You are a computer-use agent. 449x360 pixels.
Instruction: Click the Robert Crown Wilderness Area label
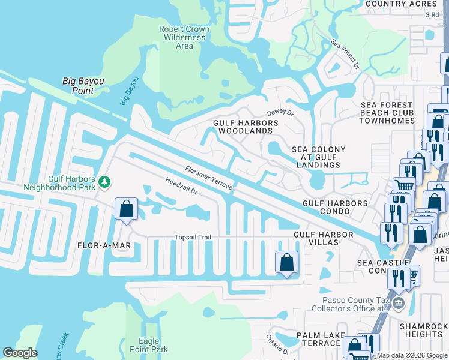tap(184, 37)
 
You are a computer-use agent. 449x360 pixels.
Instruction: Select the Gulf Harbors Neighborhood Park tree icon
tap(105, 181)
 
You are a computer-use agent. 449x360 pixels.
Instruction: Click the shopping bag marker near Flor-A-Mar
tap(127, 209)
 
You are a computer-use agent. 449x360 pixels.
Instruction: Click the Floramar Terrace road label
tap(208, 178)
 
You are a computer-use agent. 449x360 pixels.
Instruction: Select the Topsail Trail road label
tap(193, 238)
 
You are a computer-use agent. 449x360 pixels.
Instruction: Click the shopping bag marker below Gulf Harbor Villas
tap(286, 262)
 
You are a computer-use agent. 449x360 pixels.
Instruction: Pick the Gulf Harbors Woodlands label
tap(246, 127)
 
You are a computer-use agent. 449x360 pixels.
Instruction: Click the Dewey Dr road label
tap(280, 112)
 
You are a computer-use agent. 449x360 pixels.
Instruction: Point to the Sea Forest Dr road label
tap(345, 54)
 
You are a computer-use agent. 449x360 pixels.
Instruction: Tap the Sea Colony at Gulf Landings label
tap(318, 157)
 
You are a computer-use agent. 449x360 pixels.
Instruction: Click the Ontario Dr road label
tap(278, 344)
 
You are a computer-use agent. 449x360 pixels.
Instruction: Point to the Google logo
tap(20, 353)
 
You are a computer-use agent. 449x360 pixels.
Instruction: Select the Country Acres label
tap(401, 4)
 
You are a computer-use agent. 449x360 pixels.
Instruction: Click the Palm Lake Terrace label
tap(321, 339)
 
